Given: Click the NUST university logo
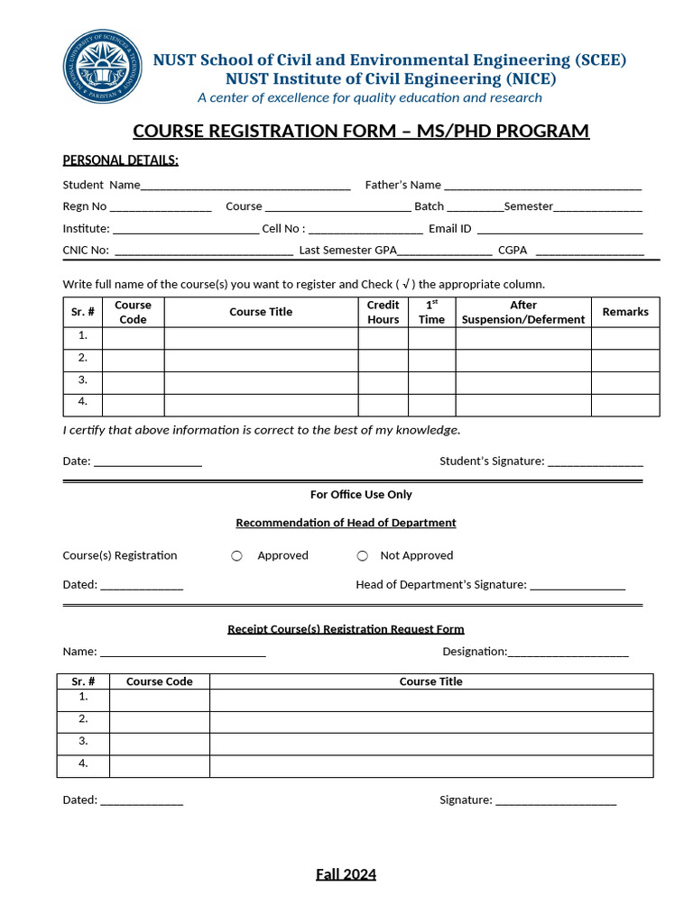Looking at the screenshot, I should click(x=101, y=67).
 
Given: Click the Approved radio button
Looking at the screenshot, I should click(x=236, y=556).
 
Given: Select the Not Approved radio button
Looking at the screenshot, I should click(x=363, y=556).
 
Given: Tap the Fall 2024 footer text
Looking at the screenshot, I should click(x=346, y=874).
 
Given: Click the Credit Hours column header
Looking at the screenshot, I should click(x=383, y=313).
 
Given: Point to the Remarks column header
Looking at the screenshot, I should click(x=625, y=312).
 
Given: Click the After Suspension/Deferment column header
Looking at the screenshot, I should click(x=523, y=313).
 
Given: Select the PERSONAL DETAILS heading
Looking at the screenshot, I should click(x=120, y=160).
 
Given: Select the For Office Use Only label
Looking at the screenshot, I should click(x=361, y=495).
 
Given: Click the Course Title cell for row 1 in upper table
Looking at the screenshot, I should click(x=261, y=338).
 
